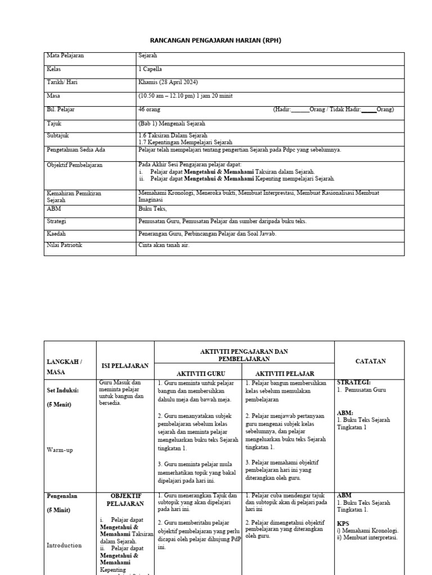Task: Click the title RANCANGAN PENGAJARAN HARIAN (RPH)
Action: tap(216, 41)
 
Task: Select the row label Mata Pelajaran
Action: tap(65, 56)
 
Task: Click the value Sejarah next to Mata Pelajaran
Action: tap(148, 56)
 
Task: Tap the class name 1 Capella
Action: tap(150, 69)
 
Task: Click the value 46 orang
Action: tap(150, 109)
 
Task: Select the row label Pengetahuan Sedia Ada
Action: tap(76, 150)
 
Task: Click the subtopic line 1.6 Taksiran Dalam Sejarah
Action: tap(173, 136)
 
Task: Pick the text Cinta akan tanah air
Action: tap(164, 245)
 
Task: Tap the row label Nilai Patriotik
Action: tap(65, 245)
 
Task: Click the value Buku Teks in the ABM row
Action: tap(151, 208)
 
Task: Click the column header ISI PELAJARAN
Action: tap(125, 366)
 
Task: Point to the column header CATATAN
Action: tap(371, 361)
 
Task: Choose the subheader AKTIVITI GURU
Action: tap(198, 373)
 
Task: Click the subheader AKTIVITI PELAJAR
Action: tap(285, 373)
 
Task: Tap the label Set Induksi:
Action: tap(62, 390)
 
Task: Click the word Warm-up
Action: tap(60, 450)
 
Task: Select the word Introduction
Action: tap(64, 545)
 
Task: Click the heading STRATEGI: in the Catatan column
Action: tap(353, 382)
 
